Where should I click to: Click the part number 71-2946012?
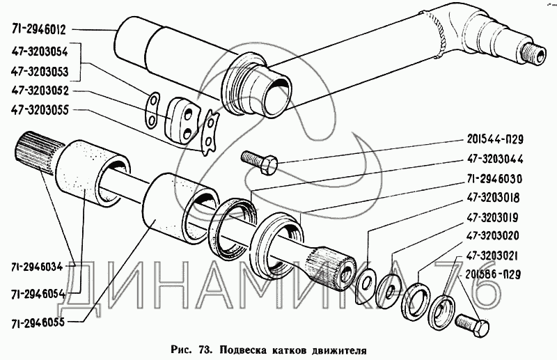39,30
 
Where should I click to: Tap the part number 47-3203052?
40,91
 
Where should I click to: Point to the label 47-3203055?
40,110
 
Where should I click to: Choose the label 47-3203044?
495,159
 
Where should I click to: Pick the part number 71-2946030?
495,179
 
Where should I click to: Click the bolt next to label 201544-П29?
260,162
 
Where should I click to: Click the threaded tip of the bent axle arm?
533,54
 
